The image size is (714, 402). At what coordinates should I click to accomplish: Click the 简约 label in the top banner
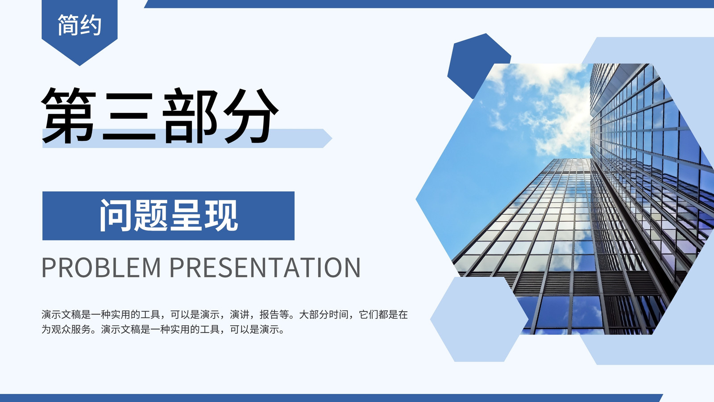click(x=79, y=25)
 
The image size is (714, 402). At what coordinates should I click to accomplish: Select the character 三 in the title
click(x=129, y=117)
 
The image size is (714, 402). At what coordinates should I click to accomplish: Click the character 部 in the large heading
click(x=190, y=116)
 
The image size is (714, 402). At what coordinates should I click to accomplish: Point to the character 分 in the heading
click(x=251, y=116)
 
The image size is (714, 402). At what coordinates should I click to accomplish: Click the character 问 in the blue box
click(x=116, y=215)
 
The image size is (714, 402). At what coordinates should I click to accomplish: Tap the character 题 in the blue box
click(x=150, y=215)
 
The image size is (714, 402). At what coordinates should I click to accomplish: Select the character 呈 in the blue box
click(x=186, y=215)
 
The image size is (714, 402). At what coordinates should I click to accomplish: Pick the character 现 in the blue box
click(x=221, y=215)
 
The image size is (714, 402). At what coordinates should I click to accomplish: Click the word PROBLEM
click(x=101, y=268)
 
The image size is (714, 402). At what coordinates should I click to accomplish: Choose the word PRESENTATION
click(x=265, y=268)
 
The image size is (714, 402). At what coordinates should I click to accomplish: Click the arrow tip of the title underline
click(x=332, y=138)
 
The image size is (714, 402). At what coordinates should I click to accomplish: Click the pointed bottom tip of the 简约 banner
click(x=80, y=65)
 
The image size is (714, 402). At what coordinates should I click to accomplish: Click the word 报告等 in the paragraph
click(x=274, y=314)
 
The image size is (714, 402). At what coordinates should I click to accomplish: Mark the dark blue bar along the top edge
click(x=429, y=4)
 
